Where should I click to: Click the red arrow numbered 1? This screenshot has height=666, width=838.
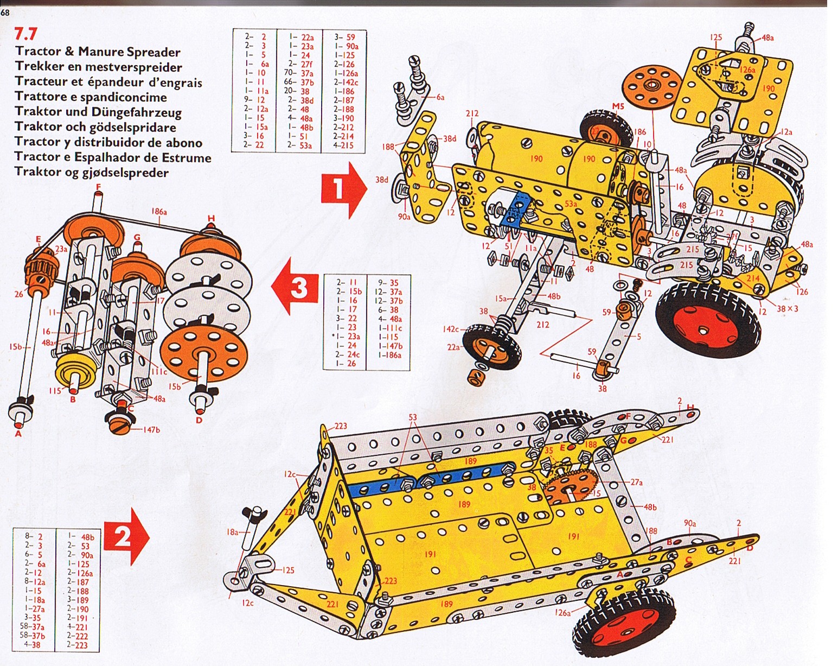pos(344,189)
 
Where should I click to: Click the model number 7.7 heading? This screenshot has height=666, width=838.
pos(26,34)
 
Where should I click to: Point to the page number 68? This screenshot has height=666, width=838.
pos(5,13)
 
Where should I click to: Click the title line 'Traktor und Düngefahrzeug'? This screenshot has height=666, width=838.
pos(98,112)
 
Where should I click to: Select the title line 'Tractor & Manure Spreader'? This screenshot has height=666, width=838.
pos(98,52)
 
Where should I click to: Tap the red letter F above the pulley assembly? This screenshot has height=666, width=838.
pos(98,187)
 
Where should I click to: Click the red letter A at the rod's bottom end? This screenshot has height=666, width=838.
pos(18,433)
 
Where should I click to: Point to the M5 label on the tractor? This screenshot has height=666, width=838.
pos(618,106)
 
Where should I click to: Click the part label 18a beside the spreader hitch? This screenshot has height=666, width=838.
pos(232,532)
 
